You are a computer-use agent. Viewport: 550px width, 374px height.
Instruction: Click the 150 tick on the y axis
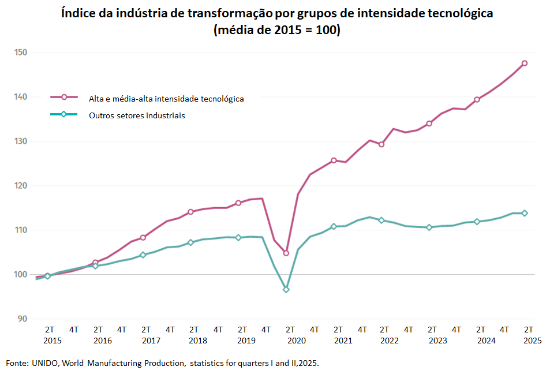(x=21, y=53)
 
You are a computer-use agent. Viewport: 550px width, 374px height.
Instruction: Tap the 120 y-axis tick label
(x=21, y=186)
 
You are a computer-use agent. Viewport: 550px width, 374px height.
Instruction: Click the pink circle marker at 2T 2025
(x=525, y=63)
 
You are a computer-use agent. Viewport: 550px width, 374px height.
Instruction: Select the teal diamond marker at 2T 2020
(x=286, y=289)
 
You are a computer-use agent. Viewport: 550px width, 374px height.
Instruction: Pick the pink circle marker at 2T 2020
(x=286, y=253)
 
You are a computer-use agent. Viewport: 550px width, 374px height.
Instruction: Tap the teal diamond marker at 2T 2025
(x=525, y=213)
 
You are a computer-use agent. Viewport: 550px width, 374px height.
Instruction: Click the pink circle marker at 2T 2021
(x=334, y=160)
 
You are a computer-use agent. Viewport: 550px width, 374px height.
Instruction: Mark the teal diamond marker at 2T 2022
(x=381, y=220)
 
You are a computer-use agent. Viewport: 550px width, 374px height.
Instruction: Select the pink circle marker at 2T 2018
(x=190, y=211)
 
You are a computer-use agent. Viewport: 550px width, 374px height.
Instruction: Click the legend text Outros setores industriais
(x=137, y=115)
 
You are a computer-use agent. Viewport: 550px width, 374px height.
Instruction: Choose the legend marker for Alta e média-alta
(x=64, y=98)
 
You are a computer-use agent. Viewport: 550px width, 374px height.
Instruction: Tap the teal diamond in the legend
(x=64, y=114)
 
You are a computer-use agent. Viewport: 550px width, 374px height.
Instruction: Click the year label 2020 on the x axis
(x=296, y=341)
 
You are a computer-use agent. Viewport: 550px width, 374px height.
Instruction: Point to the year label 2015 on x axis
(x=52, y=341)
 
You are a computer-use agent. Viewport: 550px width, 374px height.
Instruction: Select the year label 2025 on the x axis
(x=532, y=341)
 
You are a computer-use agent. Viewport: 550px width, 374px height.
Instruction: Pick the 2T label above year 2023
(x=432, y=330)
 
